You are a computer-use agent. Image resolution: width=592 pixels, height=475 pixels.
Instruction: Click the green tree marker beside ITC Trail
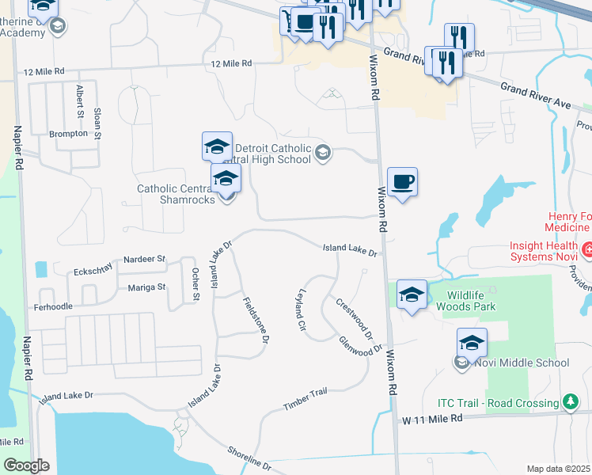[x=570, y=403]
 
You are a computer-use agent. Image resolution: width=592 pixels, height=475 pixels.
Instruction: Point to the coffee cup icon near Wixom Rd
[x=402, y=182]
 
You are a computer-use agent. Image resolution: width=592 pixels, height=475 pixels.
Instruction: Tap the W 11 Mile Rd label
[x=431, y=418]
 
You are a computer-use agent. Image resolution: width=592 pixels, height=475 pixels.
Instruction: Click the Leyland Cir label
[x=301, y=310]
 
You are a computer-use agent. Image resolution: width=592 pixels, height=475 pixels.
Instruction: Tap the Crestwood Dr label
[x=354, y=317]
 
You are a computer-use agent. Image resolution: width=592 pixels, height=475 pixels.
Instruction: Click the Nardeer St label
[x=143, y=259]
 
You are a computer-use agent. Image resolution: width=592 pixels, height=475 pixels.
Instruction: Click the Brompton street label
[x=68, y=134]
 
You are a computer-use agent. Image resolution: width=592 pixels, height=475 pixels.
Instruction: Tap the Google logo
[x=25, y=465]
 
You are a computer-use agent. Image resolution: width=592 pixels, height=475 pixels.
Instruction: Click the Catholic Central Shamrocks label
[x=176, y=194]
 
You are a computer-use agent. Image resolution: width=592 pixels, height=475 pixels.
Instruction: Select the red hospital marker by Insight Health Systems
[x=586, y=252]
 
